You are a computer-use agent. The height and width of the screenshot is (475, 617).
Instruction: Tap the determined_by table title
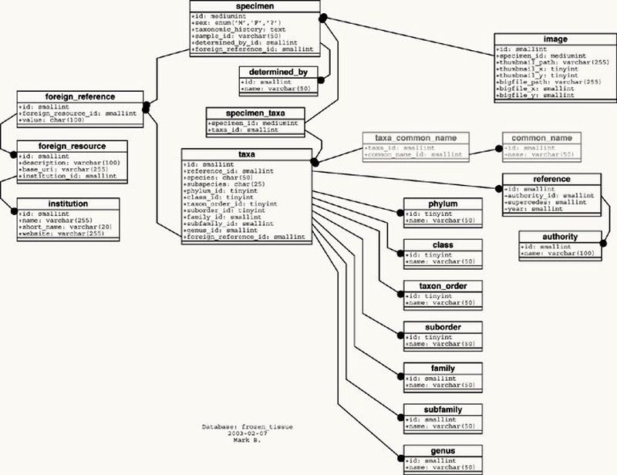point(278,72)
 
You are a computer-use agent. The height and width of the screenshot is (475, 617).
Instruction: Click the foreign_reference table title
point(80,96)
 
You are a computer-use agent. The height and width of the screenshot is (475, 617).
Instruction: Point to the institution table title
point(68,203)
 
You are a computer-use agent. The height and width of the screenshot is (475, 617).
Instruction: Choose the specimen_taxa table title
point(255,114)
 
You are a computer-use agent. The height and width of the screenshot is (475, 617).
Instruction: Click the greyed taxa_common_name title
point(416,138)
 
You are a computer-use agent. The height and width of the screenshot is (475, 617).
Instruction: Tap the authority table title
point(560,237)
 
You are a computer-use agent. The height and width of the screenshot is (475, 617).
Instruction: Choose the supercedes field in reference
point(545,203)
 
